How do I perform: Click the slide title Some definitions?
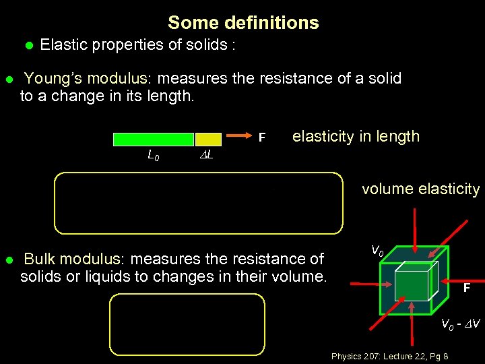pos(243,23)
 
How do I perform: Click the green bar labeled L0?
pos(153,140)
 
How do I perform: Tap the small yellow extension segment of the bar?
pos(203,140)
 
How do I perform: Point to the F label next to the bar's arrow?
pos(263,138)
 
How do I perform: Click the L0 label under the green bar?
pos(154,156)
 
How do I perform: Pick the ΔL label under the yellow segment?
pos(207,156)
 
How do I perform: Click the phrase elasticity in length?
pos(356,137)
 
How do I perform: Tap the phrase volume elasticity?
pos(420,189)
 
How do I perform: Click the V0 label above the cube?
pos(377,250)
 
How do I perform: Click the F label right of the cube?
pos(466,289)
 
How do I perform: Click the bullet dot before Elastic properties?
pos(28,46)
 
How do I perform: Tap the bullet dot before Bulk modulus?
pos(9,260)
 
